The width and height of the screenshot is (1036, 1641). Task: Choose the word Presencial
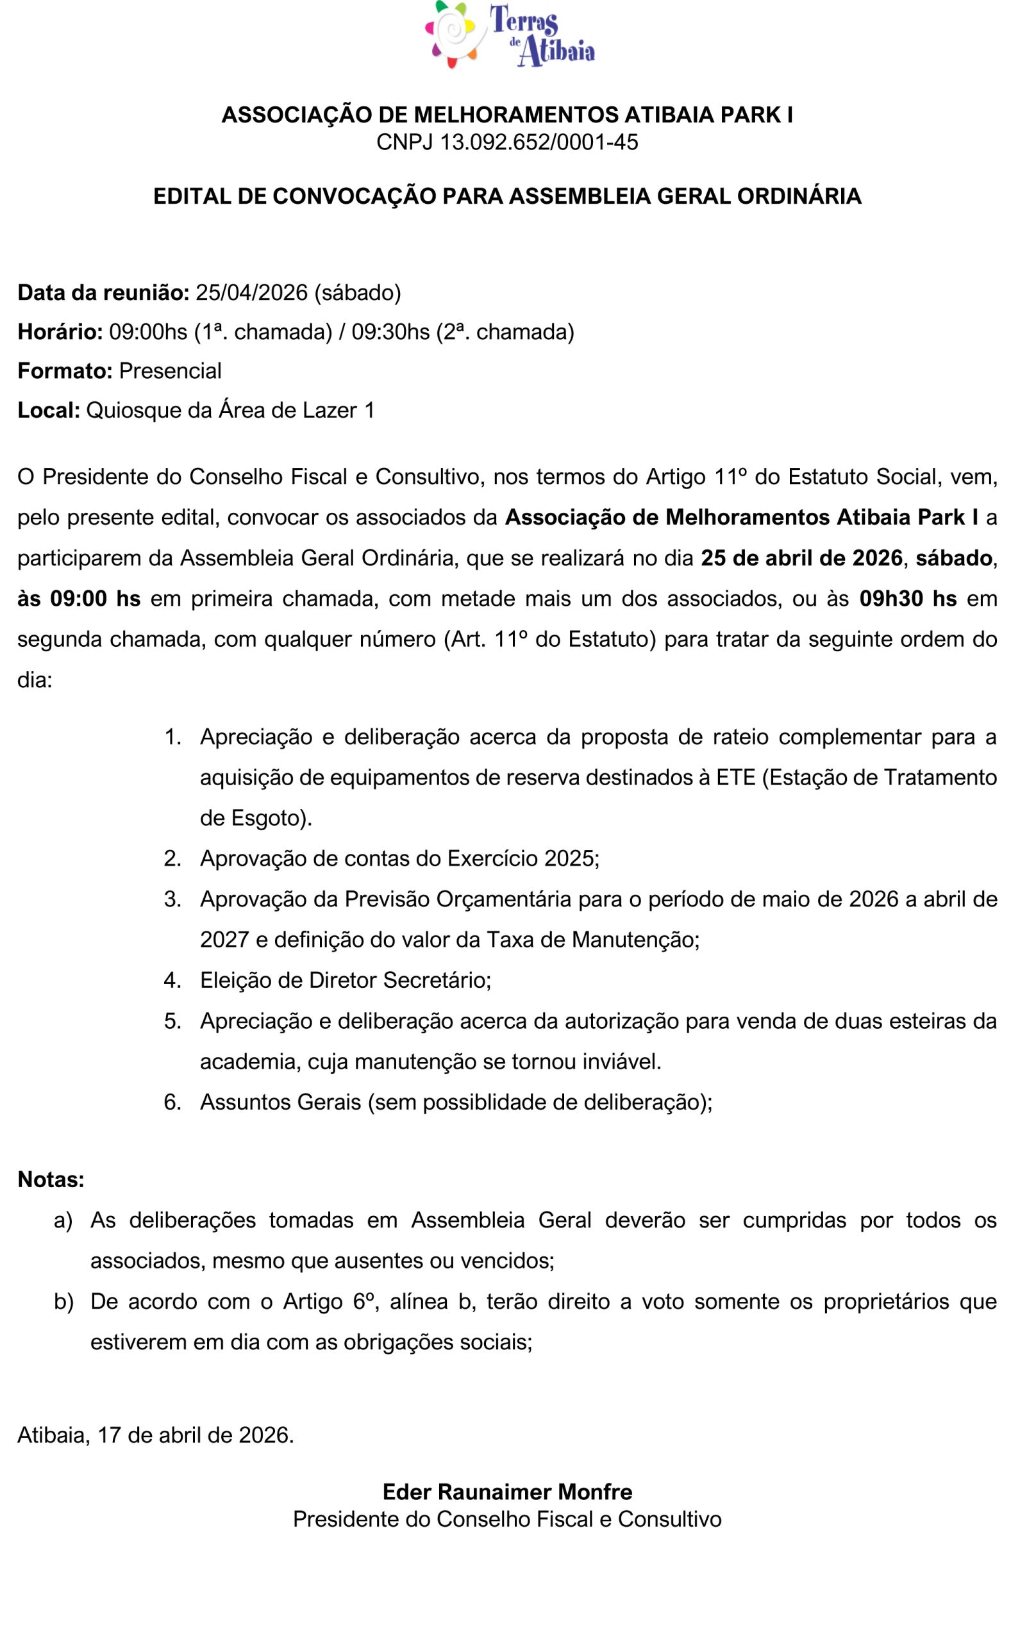[x=170, y=371]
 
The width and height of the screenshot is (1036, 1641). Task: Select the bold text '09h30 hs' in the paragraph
[x=908, y=599]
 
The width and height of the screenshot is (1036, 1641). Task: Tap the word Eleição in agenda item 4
[x=234, y=980]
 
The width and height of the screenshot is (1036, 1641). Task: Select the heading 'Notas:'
[x=51, y=1179]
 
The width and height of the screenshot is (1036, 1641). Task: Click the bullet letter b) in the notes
[x=63, y=1302]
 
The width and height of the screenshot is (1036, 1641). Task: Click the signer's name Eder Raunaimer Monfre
[x=507, y=1492]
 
